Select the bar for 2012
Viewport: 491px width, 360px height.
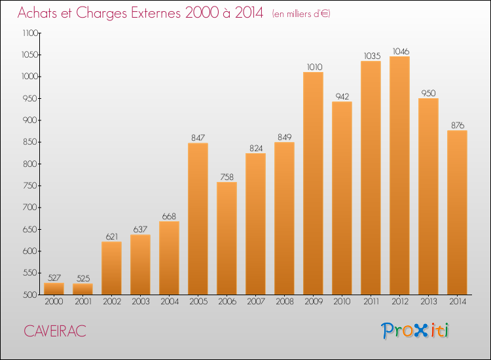click(399, 175)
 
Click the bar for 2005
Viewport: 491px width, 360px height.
click(198, 219)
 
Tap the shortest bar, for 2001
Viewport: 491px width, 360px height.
click(82, 289)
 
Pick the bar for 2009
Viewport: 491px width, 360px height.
click(313, 183)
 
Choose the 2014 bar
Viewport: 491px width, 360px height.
click(457, 213)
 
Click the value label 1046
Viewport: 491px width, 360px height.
click(401, 51)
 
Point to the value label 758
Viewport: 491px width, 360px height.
click(227, 177)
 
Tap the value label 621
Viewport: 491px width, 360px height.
click(112, 237)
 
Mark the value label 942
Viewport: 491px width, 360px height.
click(342, 96)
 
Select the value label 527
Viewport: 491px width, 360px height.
click(54, 278)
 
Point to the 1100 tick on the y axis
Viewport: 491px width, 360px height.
click(30, 33)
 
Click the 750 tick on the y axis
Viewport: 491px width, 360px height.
click(30, 186)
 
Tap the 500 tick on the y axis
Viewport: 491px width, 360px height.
click(30, 295)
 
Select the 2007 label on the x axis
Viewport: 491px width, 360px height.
click(256, 302)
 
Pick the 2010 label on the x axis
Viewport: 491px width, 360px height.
click(342, 302)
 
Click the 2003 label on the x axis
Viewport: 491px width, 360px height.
click(141, 302)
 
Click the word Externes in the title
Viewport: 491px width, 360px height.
click(156, 13)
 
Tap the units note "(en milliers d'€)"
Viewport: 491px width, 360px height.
click(301, 14)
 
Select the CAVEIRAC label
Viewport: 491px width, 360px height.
click(55, 331)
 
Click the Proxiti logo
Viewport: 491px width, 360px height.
click(415, 331)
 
